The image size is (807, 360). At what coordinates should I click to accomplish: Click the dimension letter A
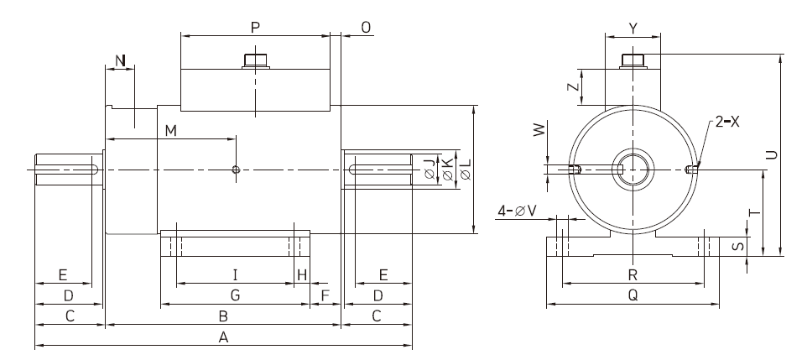click(x=223, y=337)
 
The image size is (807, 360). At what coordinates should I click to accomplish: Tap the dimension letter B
click(x=223, y=316)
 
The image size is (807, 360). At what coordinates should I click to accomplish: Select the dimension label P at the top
click(x=255, y=28)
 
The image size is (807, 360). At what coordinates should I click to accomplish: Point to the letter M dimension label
click(x=171, y=131)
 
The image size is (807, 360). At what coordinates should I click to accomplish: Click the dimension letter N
click(x=120, y=61)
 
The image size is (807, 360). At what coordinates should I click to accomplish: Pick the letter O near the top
click(x=366, y=28)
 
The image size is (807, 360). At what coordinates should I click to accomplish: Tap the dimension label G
click(x=235, y=295)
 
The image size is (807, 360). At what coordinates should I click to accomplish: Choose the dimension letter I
click(x=235, y=274)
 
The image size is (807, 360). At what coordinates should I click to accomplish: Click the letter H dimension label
click(x=302, y=275)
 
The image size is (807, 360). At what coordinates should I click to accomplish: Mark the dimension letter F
click(x=325, y=295)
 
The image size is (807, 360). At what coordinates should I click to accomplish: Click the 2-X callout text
click(x=727, y=122)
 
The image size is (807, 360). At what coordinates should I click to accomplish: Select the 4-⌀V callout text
click(x=518, y=211)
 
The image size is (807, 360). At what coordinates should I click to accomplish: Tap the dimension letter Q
click(x=633, y=295)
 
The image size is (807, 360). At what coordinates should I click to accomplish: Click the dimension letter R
click(x=633, y=275)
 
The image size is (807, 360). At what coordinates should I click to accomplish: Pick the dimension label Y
click(x=633, y=29)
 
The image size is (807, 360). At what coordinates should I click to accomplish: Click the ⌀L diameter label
click(x=466, y=169)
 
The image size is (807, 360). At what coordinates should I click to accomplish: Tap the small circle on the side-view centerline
click(x=236, y=170)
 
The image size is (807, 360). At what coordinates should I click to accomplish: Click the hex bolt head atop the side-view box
click(x=256, y=60)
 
